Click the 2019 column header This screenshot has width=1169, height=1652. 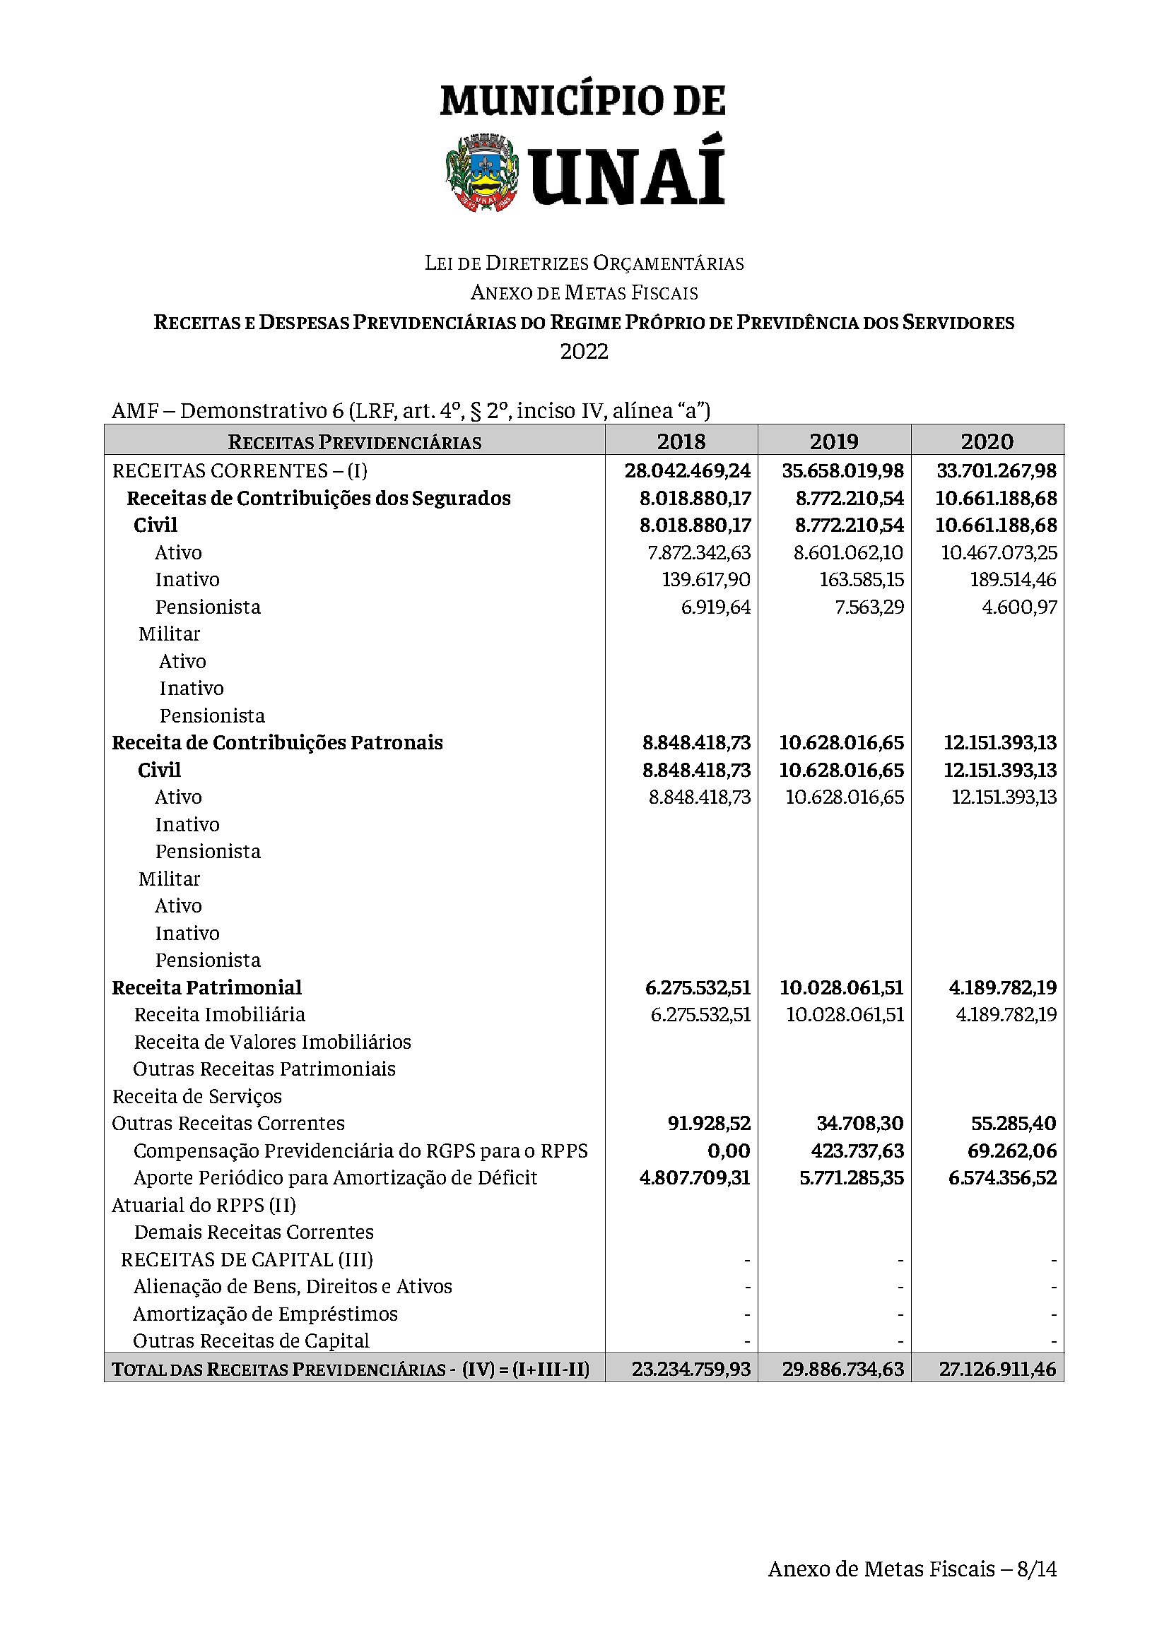[x=833, y=440]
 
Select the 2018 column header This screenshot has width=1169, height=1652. [x=681, y=440]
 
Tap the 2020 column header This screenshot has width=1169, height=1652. [x=987, y=440]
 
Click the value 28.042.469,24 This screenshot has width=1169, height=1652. [x=688, y=470]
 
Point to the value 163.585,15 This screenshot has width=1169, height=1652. [x=861, y=579]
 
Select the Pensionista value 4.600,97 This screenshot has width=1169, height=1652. [x=1019, y=607]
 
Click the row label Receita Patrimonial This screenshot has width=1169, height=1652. [x=206, y=987]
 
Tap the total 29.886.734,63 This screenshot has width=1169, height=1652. [x=843, y=1369]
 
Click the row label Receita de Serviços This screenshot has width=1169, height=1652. [x=196, y=1096]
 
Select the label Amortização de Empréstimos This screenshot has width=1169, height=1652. [x=265, y=1314]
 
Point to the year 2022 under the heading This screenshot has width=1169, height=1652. [x=584, y=351]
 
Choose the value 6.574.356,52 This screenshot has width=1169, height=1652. [x=1002, y=1178]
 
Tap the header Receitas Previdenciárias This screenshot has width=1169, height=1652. [x=354, y=441]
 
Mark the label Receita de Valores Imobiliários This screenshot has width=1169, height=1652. [x=272, y=1042]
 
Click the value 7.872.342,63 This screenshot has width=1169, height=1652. [x=698, y=552]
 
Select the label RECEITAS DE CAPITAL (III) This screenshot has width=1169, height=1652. [x=247, y=1259]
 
